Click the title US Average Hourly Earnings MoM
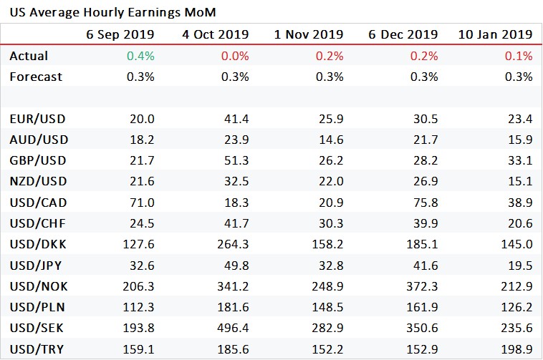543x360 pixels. (112, 12)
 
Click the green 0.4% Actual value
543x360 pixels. (141, 56)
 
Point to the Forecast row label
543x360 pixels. (36, 77)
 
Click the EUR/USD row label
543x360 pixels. (37, 119)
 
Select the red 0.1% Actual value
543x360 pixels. (519, 56)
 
